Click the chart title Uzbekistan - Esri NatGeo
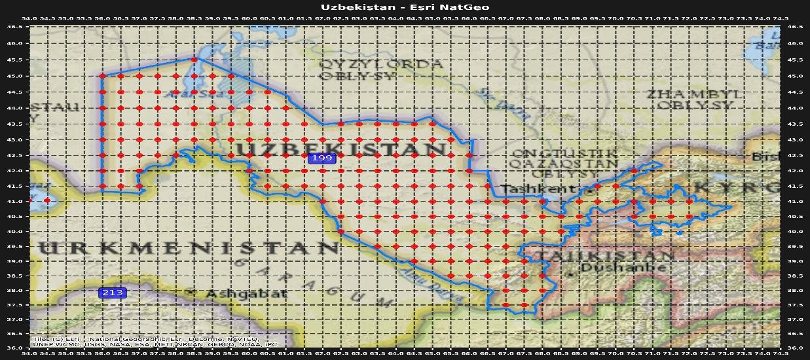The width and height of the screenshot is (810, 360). tap(405, 7)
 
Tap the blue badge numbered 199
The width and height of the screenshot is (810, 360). tap(322, 158)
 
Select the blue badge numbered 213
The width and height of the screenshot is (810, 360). tap(113, 293)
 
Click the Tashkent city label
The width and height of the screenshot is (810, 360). tap(540, 189)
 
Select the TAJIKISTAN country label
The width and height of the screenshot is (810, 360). tap(602, 255)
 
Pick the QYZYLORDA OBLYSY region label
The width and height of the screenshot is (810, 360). tap(380, 69)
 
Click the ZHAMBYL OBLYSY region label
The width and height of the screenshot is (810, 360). tap(695, 99)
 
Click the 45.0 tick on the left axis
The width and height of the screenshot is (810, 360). tap(15, 76)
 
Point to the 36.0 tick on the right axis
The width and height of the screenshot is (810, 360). tap(794, 348)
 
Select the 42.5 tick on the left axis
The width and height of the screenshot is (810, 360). tap(15, 155)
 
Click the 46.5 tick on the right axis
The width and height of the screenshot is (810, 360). tap(794, 27)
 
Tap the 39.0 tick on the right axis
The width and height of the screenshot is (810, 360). tap(794, 261)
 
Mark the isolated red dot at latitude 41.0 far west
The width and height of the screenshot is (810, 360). tap(47, 200)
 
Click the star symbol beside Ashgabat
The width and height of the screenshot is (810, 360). tap(192, 292)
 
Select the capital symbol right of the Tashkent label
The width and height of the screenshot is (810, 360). tap(589, 192)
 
